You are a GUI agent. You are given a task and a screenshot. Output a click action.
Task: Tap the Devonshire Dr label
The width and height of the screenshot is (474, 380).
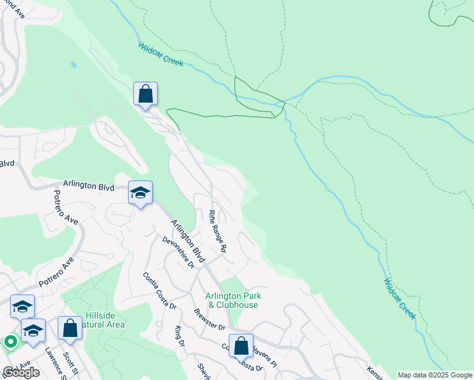click(177, 251)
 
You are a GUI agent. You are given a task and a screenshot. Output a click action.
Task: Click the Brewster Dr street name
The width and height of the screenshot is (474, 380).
click(209, 318)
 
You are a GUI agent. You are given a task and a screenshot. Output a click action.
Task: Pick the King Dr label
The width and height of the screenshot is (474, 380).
click(179, 336)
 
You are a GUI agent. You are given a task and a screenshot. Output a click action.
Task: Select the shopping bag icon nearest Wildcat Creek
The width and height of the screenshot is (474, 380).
click(145, 94)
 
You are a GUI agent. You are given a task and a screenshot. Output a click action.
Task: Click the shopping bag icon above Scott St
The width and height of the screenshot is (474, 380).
click(70, 329)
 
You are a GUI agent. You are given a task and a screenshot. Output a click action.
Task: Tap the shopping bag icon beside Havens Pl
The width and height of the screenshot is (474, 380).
click(241, 346)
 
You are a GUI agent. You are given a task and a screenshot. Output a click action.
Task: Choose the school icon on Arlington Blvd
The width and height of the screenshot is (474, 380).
click(140, 193)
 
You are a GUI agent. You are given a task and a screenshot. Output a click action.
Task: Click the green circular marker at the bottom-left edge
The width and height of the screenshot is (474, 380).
click(10, 343)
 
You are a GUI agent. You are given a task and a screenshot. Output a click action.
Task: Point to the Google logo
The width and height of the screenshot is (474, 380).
click(21, 372)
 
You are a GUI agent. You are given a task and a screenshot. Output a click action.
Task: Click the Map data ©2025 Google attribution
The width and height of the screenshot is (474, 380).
click(435, 375)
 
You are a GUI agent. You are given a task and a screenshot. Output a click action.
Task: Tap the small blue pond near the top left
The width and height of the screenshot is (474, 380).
click(75, 65)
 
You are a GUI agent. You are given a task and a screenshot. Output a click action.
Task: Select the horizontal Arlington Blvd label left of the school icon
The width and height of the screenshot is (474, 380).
click(88, 186)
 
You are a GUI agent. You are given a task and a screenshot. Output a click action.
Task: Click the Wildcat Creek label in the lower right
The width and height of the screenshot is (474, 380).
click(400, 298)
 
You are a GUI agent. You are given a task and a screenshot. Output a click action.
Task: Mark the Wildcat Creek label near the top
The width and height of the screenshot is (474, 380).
click(161, 54)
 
